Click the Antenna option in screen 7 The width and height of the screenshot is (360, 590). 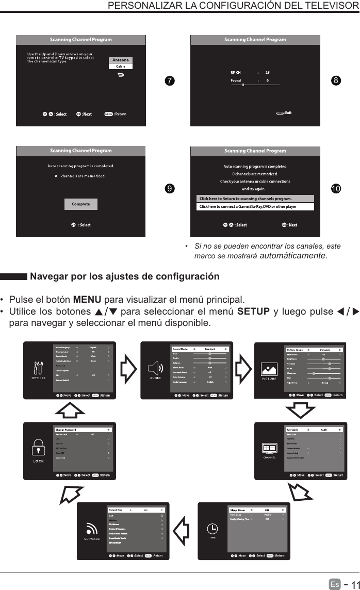(x=121, y=60)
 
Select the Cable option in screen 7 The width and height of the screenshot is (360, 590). (x=121, y=67)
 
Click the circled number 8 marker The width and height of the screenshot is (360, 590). (x=336, y=80)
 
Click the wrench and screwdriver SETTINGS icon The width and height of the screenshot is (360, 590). (x=39, y=367)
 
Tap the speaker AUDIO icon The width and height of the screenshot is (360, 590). (x=155, y=368)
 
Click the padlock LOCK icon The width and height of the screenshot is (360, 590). (x=38, y=447)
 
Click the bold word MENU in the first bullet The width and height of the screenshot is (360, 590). (x=87, y=300)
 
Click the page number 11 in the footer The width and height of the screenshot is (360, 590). (x=352, y=584)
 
